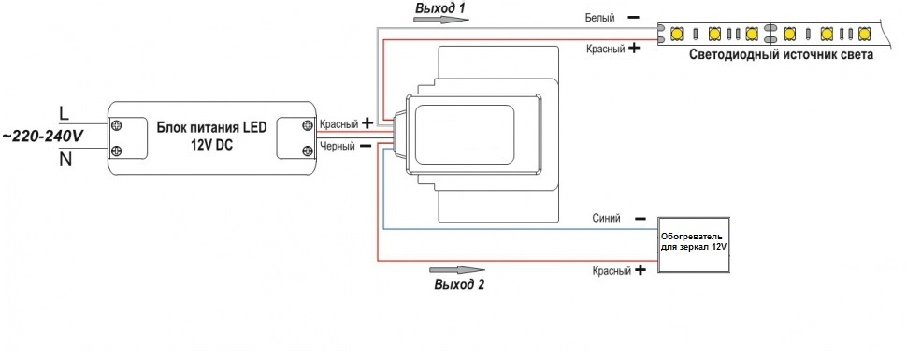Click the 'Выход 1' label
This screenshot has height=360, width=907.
tap(440, 8)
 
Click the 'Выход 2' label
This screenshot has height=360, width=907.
tap(459, 284)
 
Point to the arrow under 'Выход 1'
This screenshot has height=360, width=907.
tap(441, 20)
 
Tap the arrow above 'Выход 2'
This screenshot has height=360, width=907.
tap(457, 270)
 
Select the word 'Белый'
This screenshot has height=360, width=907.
tap(599, 18)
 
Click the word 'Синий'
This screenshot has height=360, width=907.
tap(606, 218)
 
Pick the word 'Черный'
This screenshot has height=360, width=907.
tap(338, 147)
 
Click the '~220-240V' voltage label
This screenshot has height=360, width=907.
tap(43, 136)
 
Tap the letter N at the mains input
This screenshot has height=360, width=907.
tap(65, 159)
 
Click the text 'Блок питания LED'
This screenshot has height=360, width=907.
tap(212, 128)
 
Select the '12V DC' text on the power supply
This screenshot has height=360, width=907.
tap(211, 145)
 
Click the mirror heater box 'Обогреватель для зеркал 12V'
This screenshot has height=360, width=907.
tap(693, 245)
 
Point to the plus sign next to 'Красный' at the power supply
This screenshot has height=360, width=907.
tap(367, 122)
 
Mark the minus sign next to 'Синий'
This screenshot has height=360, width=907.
tap(641, 219)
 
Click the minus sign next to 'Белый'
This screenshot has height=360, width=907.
tap(633, 18)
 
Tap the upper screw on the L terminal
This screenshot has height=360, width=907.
tap(116, 125)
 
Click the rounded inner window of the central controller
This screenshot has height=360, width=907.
tap(465, 134)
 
